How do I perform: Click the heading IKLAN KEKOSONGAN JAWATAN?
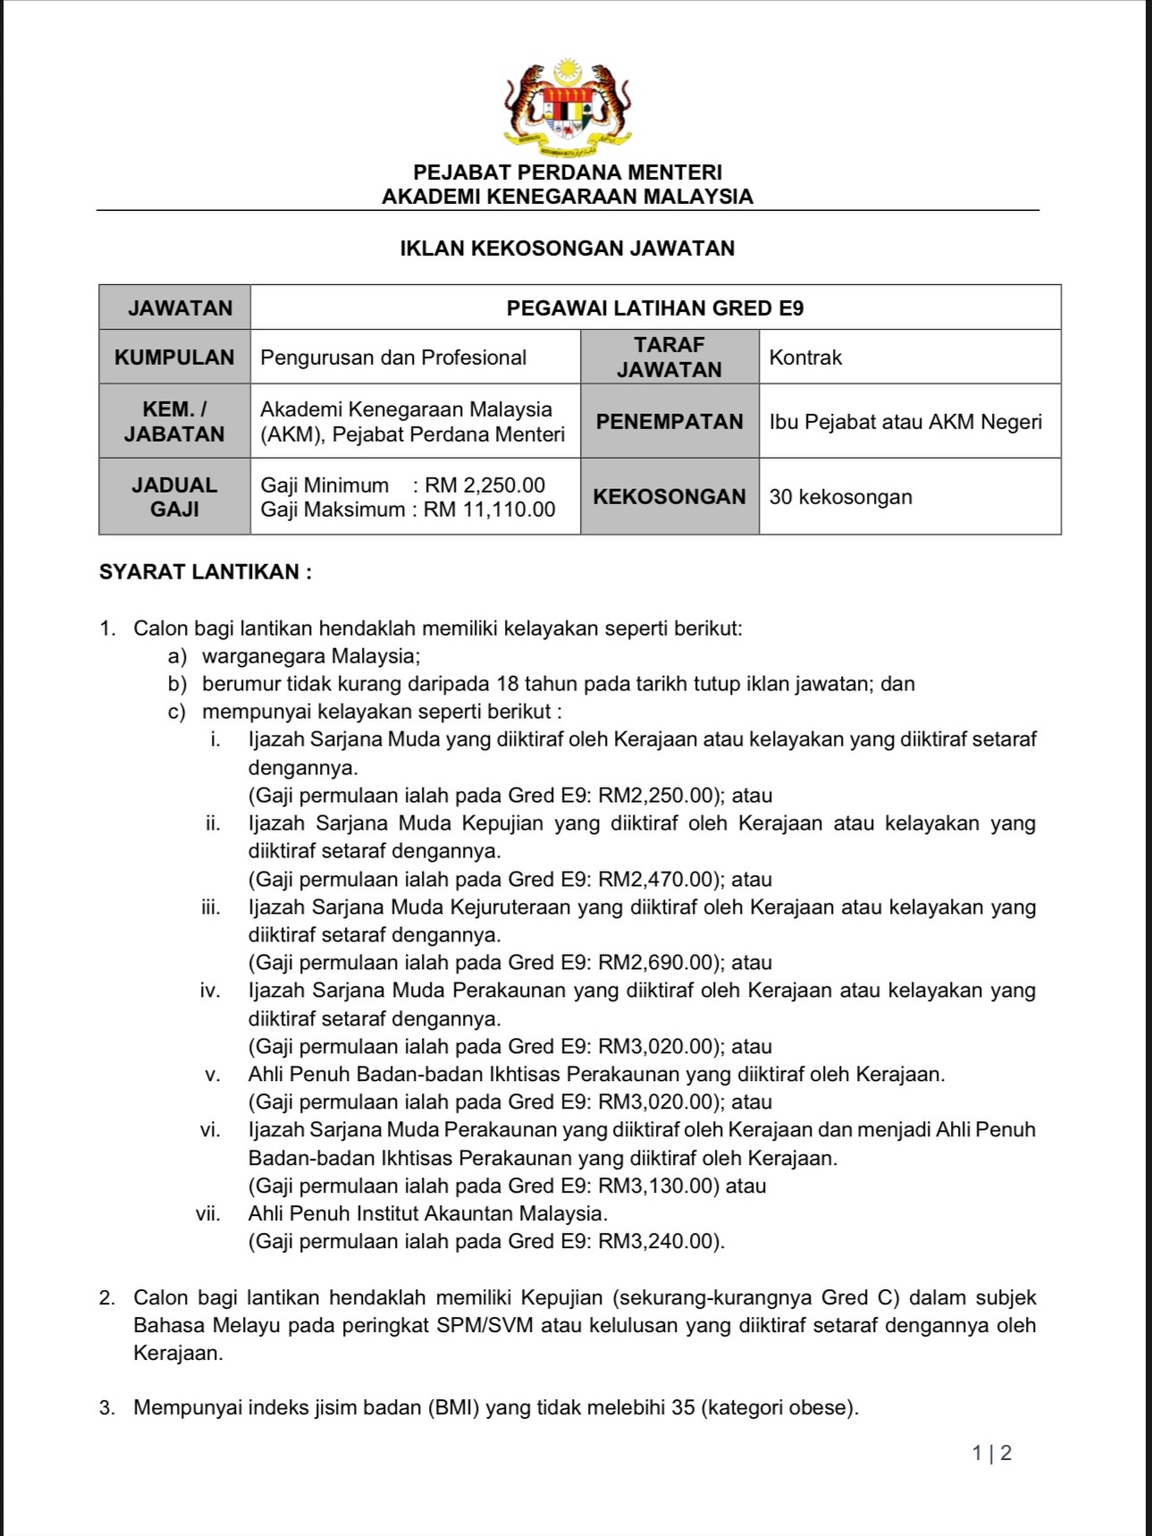[568, 249]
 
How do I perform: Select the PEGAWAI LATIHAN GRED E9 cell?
[655, 308]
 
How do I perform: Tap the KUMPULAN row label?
[174, 358]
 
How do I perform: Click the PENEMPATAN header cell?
[669, 422]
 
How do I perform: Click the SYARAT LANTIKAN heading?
[206, 572]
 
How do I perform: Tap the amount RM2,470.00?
[657, 880]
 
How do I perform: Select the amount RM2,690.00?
[657, 963]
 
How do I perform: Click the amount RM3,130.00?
[657, 1186]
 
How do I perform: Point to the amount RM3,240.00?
[657, 1242]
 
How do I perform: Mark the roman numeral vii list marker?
[208, 1214]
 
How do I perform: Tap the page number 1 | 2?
[992, 1454]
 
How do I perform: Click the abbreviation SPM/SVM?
[485, 1326]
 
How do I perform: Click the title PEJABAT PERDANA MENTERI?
[568, 173]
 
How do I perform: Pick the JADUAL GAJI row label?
[174, 497]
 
